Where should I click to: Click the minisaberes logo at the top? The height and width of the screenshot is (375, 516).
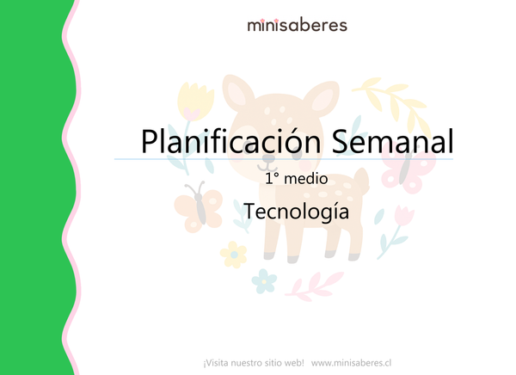click(x=297, y=25)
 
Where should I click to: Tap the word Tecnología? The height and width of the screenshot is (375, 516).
click(x=296, y=211)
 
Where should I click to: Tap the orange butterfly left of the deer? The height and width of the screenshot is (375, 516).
click(x=195, y=205)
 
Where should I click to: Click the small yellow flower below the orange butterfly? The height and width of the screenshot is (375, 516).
click(x=233, y=253)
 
